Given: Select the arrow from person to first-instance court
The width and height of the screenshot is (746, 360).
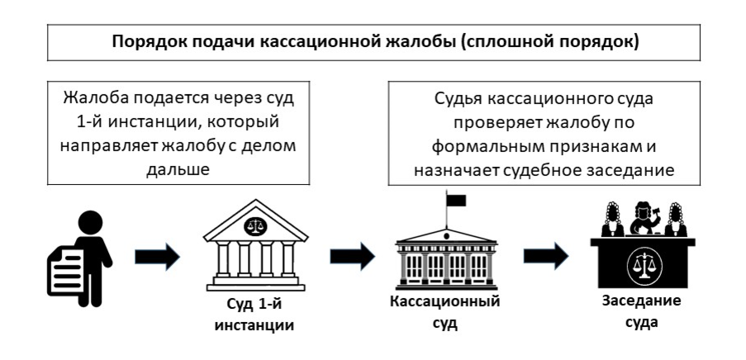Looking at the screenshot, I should (x=157, y=257).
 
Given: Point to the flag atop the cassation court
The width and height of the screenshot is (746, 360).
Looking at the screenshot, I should (x=455, y=200).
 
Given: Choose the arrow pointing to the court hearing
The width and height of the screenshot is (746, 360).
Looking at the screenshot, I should (x=546, y=257).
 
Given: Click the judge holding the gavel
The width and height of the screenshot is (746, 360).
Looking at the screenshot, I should (x=642, y=219).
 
